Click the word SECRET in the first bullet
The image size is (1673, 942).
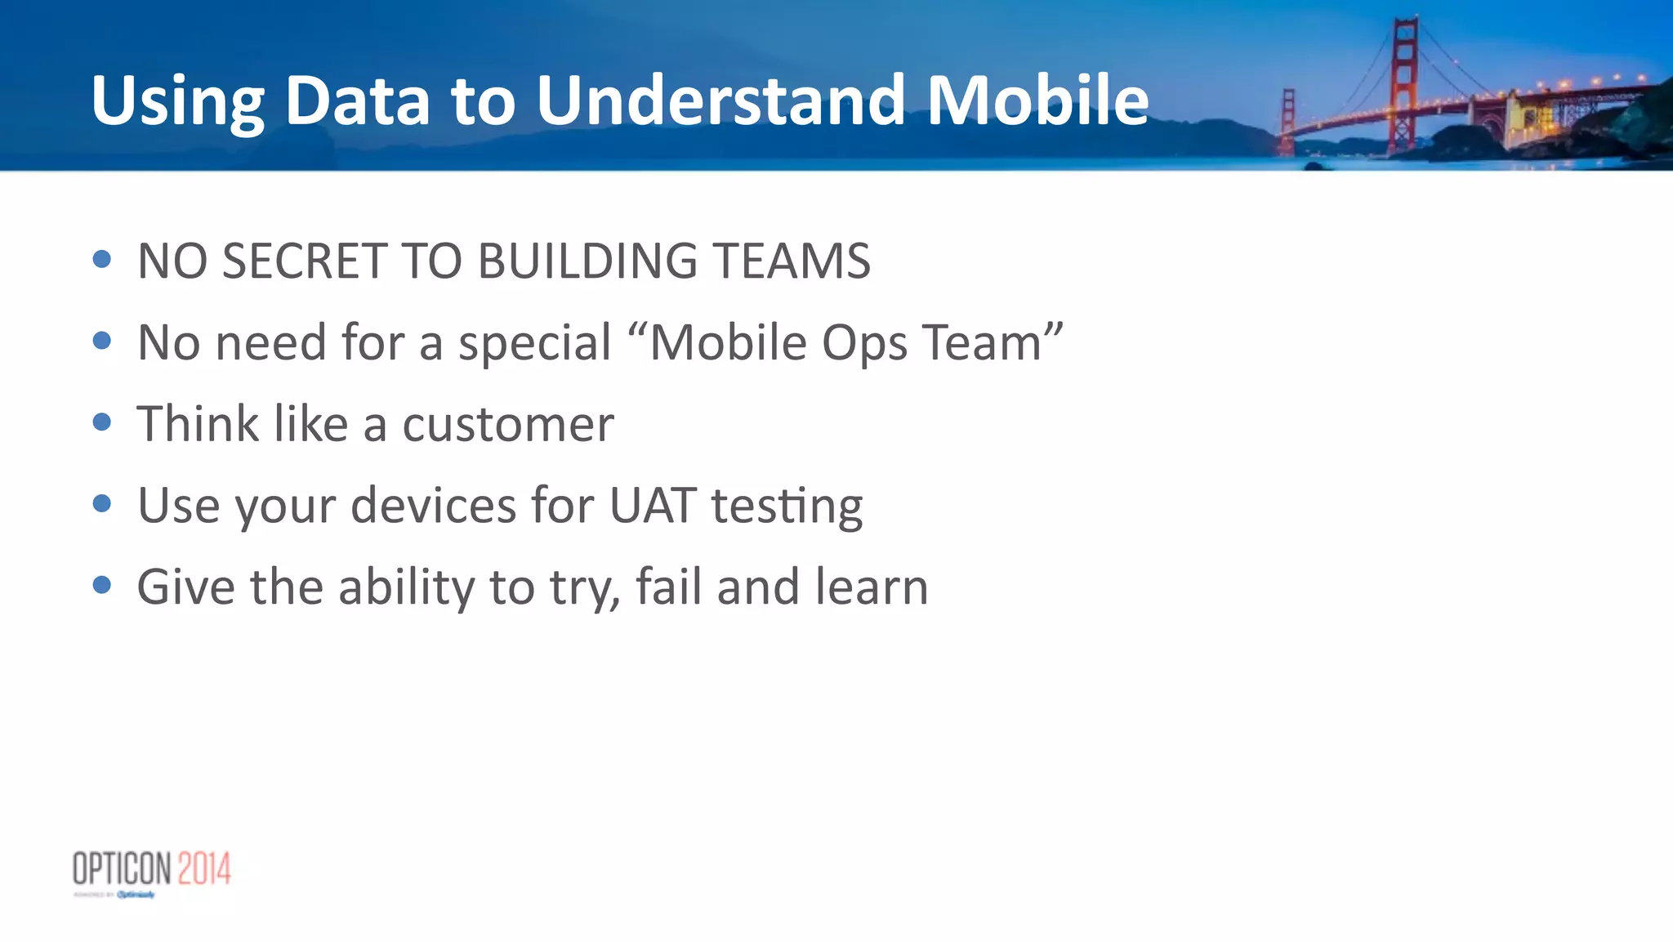(304, 261)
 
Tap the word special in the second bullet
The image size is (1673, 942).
(534, 342)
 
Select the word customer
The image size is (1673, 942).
(507, 424)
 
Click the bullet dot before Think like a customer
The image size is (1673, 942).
(102, 422)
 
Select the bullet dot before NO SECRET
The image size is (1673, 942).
(102, 260)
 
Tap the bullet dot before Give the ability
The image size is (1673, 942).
(102, 585)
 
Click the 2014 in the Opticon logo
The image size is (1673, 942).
(204, 868)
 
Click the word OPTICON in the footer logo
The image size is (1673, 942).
(123, 868)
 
